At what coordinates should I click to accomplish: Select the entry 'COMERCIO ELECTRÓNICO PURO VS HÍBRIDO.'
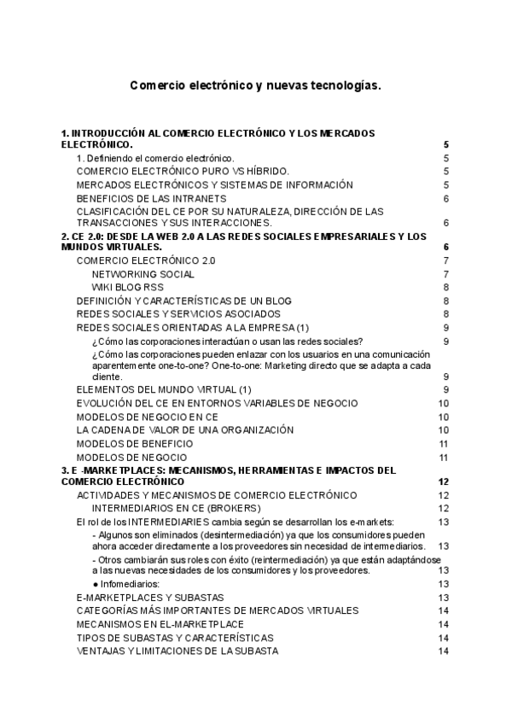click(x=183, y=172)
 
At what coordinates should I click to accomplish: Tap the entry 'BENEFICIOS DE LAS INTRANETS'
click(x=145, y=198)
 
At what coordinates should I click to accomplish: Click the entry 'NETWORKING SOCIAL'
click(x=143, y=274)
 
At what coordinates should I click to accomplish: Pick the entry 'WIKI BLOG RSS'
click(x=127, y=287)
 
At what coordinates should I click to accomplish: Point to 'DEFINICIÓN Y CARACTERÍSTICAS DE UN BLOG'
click(x=183, y=301)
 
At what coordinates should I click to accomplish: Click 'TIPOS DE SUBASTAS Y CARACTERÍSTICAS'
click(x=175, y=638)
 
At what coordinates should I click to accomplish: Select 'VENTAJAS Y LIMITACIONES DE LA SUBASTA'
click(x=177, y=651)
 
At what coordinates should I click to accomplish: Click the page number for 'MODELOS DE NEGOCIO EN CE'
click(x=443, y=417)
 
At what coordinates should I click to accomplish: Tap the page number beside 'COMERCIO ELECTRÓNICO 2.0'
click(x=445, y=260)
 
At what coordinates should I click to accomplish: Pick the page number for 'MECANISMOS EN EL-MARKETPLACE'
click(x=443, y=624)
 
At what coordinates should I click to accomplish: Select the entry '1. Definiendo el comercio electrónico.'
click(x=155, y=158)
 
